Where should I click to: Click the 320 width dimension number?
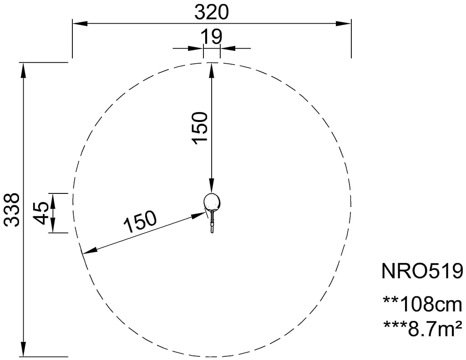pyautogui.click(x=212, y=12)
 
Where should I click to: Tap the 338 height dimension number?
pyautogui.click(x=13, y=209)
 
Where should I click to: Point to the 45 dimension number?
pyautogui.click(x=41, y=213)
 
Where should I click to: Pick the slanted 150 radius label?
pyautogui.click(x=140, y=222)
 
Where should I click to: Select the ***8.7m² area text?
pyautogui.click(x=423, y=328)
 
